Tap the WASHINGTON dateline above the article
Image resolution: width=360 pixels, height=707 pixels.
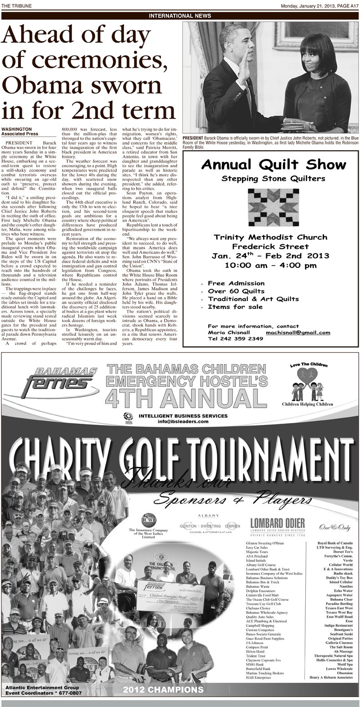coord(16,129)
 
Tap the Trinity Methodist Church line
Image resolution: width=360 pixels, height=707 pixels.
coord(270,237)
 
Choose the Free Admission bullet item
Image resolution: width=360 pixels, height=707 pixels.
coord(236,283)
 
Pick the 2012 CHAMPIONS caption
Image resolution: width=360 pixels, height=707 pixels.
coord(163,690)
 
